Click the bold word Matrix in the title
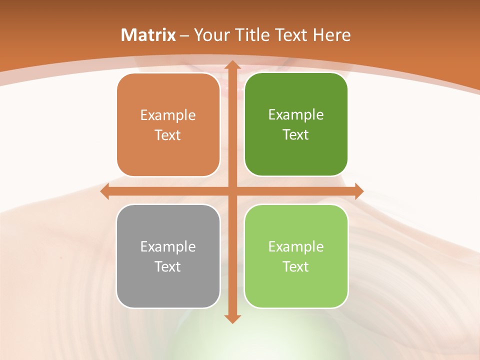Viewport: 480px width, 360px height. pyautogui.click(x=148, y=35)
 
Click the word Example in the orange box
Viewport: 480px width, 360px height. pyautogui.click(x=168, y=115)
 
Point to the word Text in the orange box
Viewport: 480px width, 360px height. pyautogui.click(x=168, y=135)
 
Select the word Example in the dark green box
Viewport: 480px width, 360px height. pyautogui.click(x=296, y=115)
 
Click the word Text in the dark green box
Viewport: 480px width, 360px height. pyautogui.click(x=296, y=135)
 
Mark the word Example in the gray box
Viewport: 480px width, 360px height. pyautogui.click(x=168, y=246)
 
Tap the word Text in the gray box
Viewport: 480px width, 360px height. pyautogui.click(x=168, y=266)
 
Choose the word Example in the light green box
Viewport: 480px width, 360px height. pyautogui.click(x=296, y=246)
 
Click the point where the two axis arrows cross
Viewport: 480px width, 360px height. pyautogui.click(x=232, y=191)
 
